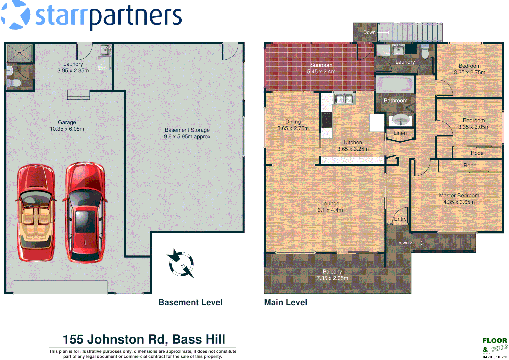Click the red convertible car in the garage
[x=36, y=212]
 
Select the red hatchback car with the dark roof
[x=85, y=212]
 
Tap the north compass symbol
[x=181, y=264]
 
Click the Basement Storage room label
[x=187, y=130]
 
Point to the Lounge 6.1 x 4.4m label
[x=330, y=207]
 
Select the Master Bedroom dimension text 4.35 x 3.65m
[x=459, y=202]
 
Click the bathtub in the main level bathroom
[x=395, y=84]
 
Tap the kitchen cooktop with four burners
[x=327, y=120]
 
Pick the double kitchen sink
[x=344, y=99]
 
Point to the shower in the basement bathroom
[x=20, y=53]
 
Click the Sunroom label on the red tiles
[x=321, y=65]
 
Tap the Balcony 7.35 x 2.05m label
[x=332, y=275]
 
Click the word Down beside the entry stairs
[x=402, y=243]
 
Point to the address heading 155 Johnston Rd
[x=144, y=339]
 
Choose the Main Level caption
[x=285, y=302]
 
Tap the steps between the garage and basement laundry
[x=78, y=95]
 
